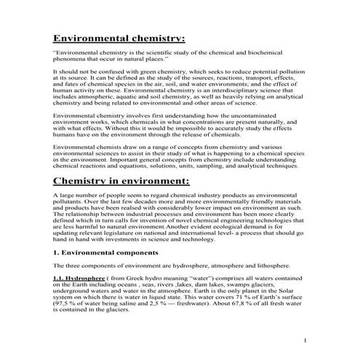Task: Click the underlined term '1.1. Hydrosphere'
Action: [x=79, y=277]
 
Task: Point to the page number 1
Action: [x=305, y=340]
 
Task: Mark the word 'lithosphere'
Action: [x=272, y=265]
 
